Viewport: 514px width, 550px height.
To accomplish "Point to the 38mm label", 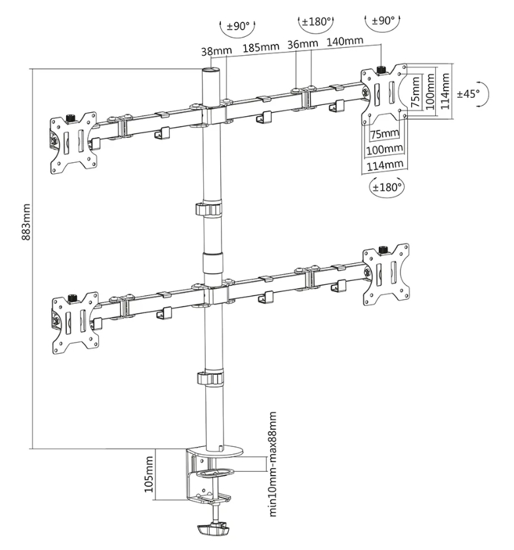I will [x=215, y=49].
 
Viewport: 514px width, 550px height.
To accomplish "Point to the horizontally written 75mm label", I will [x=384, y=135].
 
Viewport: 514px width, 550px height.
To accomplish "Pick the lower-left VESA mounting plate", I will [x=74, y=320].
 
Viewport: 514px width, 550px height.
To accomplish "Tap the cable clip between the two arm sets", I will [x=209, y=210].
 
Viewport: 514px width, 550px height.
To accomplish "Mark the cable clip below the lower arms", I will [x=209, y=379].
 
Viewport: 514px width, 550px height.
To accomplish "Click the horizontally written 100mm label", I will [x=383, y=150].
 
